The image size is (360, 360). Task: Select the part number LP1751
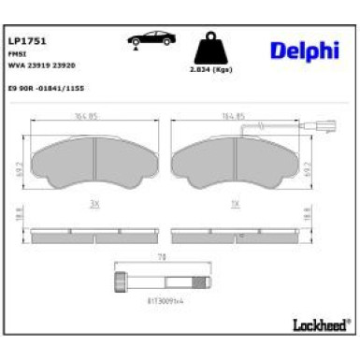(x=28, y=42)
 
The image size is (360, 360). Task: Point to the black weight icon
(x=210, y=49)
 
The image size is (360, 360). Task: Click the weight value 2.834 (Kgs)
(x=210, y=70)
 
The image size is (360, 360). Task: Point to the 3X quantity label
(x=93, y=202)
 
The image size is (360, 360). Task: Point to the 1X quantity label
(x=234, y=202)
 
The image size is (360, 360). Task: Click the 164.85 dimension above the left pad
(x=92, y=118)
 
